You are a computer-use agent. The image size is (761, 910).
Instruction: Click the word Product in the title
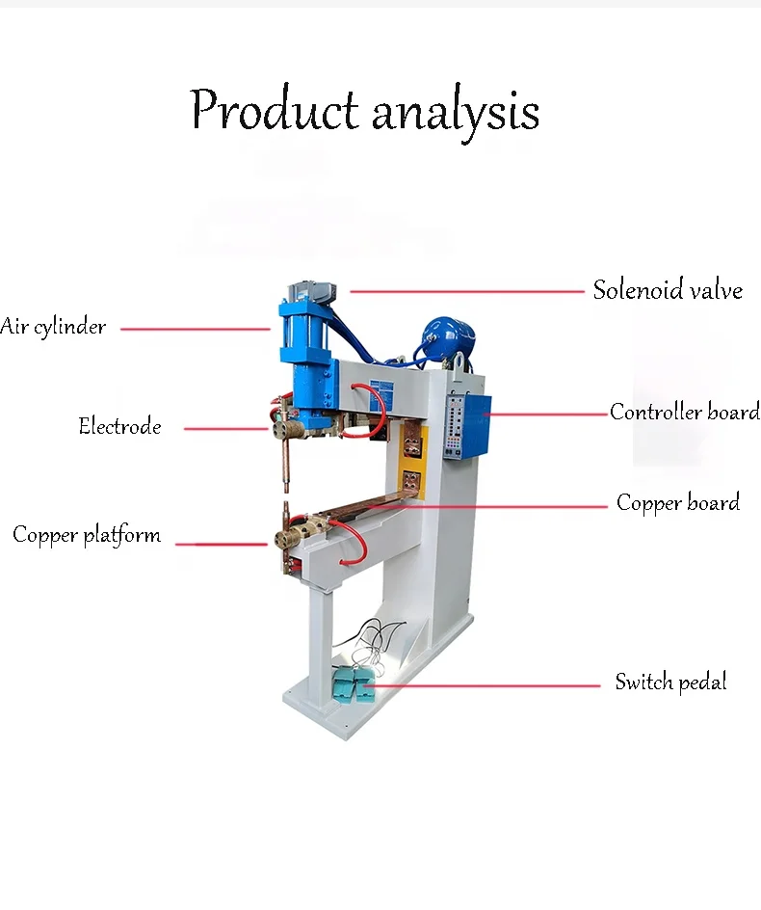click(274, 111)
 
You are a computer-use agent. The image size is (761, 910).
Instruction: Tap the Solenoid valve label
click(668, 290)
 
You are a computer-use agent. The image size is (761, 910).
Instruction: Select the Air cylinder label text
click(54, 327)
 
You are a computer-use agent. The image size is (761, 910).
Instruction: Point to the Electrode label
click(119, 426)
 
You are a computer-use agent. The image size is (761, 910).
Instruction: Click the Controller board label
click(684, 413)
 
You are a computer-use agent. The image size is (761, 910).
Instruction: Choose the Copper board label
click(678, 503)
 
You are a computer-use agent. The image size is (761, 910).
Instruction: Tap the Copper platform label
click(87, 535)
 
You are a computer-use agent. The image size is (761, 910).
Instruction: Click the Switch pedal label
click(670, 682)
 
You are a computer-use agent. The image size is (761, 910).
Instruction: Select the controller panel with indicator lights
click(460, 430)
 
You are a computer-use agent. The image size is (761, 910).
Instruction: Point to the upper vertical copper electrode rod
click(287, 463)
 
